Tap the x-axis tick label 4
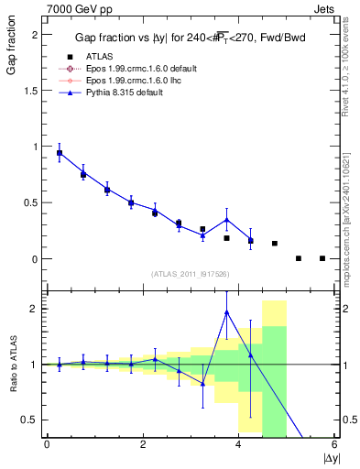click(x=238, y=444)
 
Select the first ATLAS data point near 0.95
click(x=60, y=153)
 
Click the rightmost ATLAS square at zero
click(x=322, y=258)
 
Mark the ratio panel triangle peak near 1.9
click(x=227, y=312)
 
